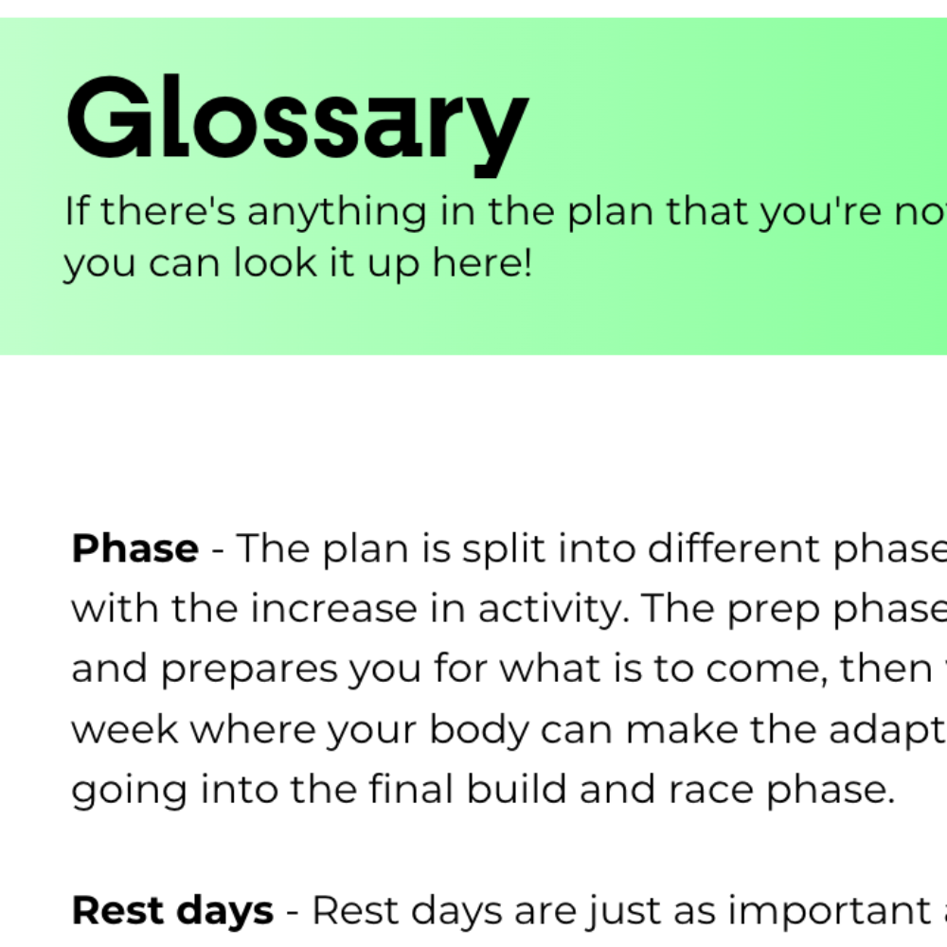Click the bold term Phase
[134, 549]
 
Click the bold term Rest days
[172, 911]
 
